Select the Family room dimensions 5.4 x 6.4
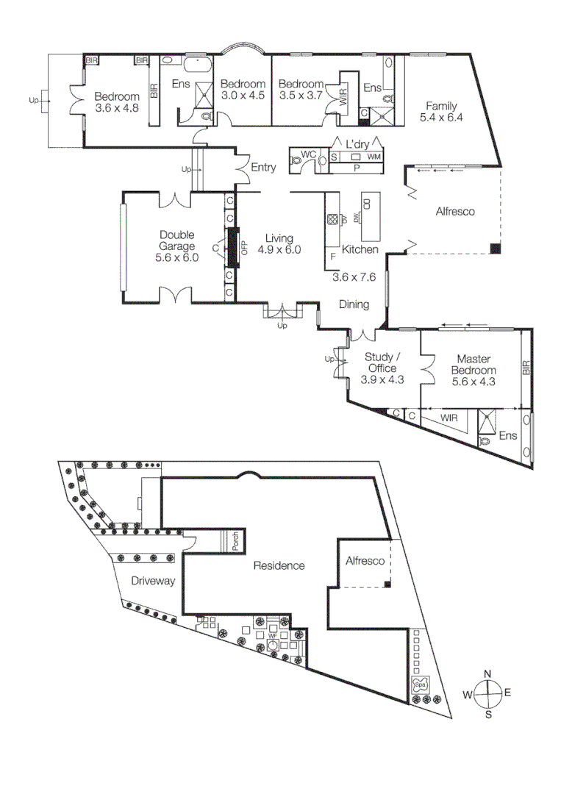coord(441,117)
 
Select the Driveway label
coord(153,581)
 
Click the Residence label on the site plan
coord(279,565)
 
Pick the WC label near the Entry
coord(309,154)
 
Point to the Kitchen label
coord(360,250)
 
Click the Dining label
coord(354,304)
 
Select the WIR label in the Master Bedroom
coord(450,417)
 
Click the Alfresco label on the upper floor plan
coord(455,212)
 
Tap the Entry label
coord(263,168)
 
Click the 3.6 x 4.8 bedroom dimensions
coord(117,108)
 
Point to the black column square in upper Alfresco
coord(496,248)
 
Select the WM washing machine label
coord(374,157)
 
